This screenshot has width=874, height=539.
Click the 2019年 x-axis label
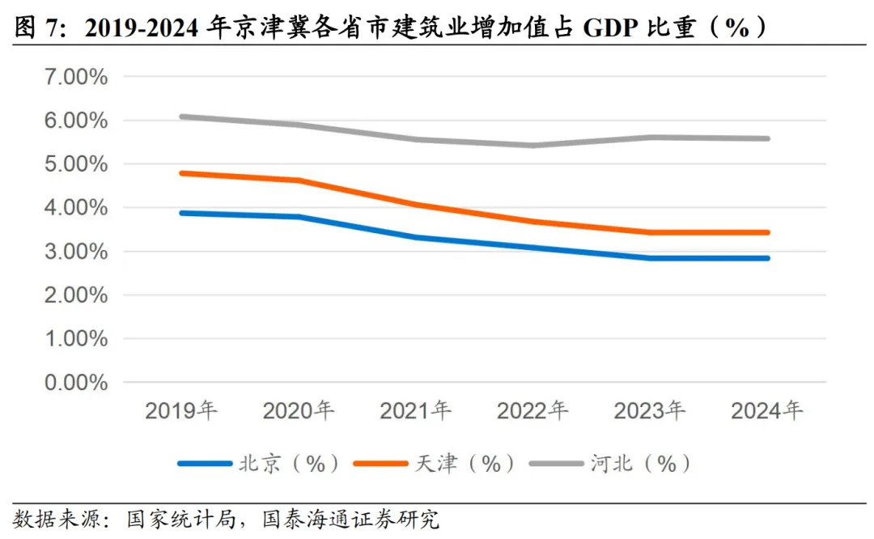182,411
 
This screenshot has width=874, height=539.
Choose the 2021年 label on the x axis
416,411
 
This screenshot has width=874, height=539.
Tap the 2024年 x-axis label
767,411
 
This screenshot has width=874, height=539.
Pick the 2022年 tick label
533,411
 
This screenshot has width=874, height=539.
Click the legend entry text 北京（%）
287,464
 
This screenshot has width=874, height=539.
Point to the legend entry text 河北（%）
639,464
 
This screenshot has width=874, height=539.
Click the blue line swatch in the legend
203,464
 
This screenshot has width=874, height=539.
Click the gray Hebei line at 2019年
182,117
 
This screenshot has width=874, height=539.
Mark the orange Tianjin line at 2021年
416,205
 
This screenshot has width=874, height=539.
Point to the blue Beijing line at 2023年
650,258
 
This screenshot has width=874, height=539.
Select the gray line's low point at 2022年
533,146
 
